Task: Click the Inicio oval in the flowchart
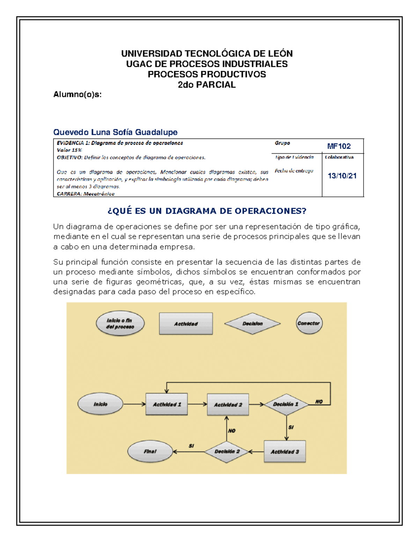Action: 100,404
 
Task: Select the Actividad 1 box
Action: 167,404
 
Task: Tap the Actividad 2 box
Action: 228,404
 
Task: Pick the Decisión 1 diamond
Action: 286,404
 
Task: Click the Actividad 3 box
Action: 285,452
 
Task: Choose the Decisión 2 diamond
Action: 227,452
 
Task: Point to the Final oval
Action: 150,452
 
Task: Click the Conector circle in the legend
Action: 309,323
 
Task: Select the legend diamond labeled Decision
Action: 252,324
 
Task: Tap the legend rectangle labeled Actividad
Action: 186,324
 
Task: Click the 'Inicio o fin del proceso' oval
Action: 120,324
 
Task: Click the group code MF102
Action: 339,146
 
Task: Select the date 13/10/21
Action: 342,176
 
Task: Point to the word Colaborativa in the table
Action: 339,157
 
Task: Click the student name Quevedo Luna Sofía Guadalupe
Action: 115,132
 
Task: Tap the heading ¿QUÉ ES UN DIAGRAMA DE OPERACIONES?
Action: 207,211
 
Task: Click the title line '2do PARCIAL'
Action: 207,85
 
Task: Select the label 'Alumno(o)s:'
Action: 77,94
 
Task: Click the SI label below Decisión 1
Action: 291,427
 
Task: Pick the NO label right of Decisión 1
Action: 319,402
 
